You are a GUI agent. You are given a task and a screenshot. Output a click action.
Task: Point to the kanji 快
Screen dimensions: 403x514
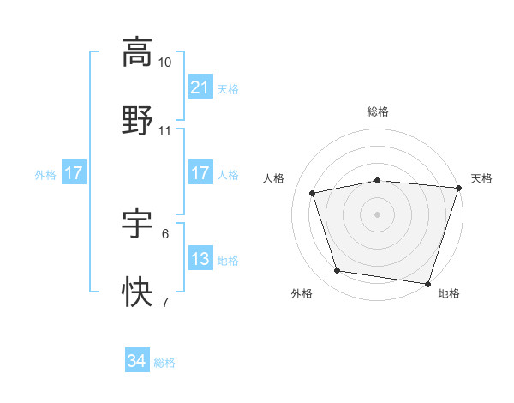pos(138,292)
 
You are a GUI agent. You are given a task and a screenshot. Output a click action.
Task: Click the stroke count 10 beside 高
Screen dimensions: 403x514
pos(165,63)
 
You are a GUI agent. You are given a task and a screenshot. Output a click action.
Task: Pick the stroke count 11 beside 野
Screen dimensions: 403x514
pos(165,131)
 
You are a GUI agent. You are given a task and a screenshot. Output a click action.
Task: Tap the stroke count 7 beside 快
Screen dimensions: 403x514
pos(165,302)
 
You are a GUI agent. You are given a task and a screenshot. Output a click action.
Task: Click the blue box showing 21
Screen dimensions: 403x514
pos(200,88)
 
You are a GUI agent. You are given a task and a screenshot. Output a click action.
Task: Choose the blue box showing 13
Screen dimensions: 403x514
pos(200,259)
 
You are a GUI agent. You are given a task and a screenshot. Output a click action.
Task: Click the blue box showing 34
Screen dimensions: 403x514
pos(136,362)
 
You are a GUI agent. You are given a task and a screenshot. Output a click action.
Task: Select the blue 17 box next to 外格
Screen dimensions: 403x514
pos(74,174)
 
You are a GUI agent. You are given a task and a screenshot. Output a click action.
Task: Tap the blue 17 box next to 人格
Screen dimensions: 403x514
pos(200,174)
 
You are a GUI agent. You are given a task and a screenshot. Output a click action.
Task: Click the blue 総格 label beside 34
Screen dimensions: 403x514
pos(164,363)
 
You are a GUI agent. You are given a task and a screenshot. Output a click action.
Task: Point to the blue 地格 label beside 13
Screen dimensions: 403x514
pos(228,260)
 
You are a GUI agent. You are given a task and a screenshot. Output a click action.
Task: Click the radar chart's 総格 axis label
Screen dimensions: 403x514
pos(377,111)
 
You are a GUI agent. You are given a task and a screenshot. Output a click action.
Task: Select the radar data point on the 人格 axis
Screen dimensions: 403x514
pos(313,193)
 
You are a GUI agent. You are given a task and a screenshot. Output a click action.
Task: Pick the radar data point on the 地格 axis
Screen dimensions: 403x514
pos(427,282)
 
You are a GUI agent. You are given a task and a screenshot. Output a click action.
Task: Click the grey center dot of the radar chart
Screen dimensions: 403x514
pos(377,214)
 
